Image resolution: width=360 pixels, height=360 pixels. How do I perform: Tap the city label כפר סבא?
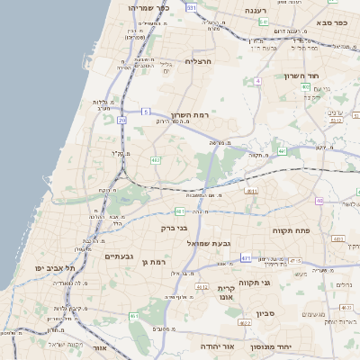pos(331,21)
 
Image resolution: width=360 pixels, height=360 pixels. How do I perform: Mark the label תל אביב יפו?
pos(54,268)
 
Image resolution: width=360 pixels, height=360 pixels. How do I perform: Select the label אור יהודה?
pos(216,346)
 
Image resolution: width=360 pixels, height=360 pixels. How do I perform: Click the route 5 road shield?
pos(146,112)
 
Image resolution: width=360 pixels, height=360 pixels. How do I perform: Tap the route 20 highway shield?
pos(121,119)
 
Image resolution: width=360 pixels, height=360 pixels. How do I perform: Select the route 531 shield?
pos(191,7)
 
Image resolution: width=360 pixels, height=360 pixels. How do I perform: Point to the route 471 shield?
pos(246,257)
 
